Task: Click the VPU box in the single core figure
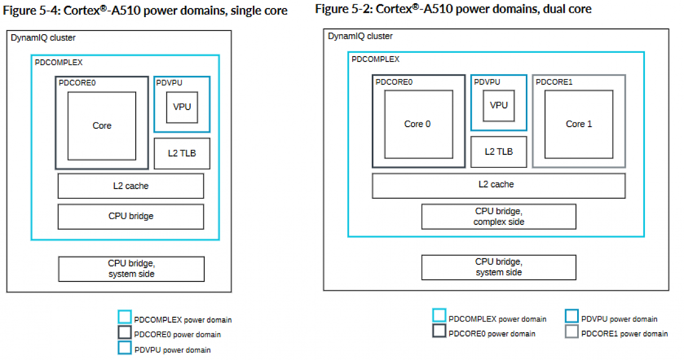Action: [x=182, y=107]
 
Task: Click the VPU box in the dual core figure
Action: [x=499, y=106]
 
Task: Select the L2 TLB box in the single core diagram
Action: [x=182, y=153]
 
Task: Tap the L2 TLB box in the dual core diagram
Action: [x=499, y=152]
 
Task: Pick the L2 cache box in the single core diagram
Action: [x=131, y=186]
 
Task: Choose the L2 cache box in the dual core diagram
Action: [x=499, y=185]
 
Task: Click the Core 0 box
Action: [x=418, y=124]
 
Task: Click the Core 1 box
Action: [x=579, y=124]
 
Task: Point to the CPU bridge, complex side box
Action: [x=499, y=217]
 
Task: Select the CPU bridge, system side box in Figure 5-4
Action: [x=131, y=269]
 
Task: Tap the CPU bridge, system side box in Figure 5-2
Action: [x=499, y=267]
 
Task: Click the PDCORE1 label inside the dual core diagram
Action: [x=554, y=82]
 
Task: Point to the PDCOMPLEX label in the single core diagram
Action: [x=58, y=62]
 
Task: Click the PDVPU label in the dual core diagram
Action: [x=487, y=82]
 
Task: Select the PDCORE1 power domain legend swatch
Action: [x=571, y=331]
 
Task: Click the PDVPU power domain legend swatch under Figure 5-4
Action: [x=125, y=348]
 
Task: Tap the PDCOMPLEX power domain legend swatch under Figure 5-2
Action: [x=439, y=316]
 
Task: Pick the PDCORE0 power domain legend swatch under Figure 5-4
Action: [x=125, y=332]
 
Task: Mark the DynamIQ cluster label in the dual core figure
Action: [x=360, y=36]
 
